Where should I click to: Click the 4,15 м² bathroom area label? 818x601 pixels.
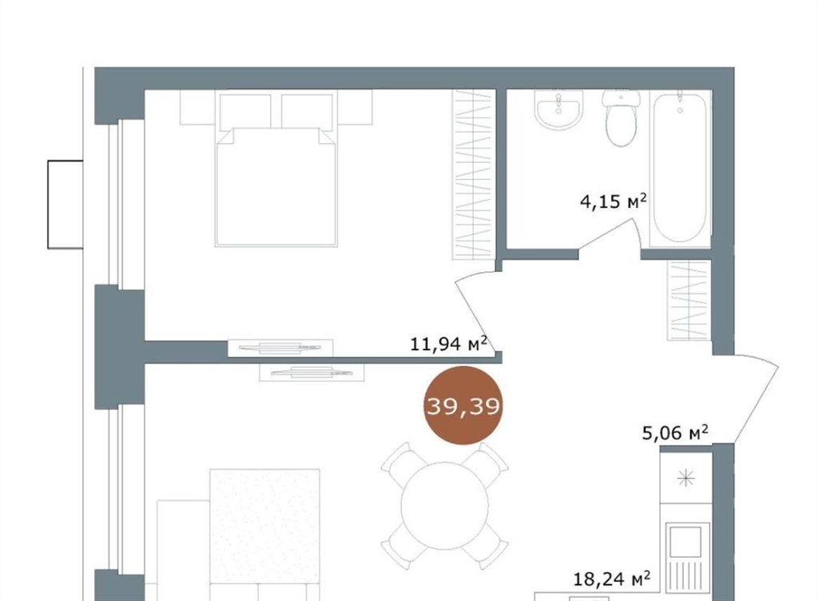click(x=613, y=201)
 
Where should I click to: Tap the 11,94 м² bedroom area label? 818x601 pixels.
click(x=449, y=344)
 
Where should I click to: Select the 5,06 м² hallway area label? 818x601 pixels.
click(x=674, y=432)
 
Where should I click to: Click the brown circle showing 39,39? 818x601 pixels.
click(x=463, y=405)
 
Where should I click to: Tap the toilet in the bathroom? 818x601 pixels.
click(x=621, y=118)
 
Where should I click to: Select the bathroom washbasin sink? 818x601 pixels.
click(x=558, y=110)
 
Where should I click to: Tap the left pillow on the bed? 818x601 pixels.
click(x=245, y=111)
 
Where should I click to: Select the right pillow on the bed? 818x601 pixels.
click(x=307, y=111)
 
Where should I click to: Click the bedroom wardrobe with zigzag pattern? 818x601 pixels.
click(x=473, y=175)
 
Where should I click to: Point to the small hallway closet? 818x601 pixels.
click(x=689, y=300)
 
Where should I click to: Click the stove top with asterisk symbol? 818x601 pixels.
click(x=686, y=478)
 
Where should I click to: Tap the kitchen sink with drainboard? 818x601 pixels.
click(x=686, y=557)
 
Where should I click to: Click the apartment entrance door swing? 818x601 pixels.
click(x=745, y=399)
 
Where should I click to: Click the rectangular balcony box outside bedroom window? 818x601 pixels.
click(x=66, y=205)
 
